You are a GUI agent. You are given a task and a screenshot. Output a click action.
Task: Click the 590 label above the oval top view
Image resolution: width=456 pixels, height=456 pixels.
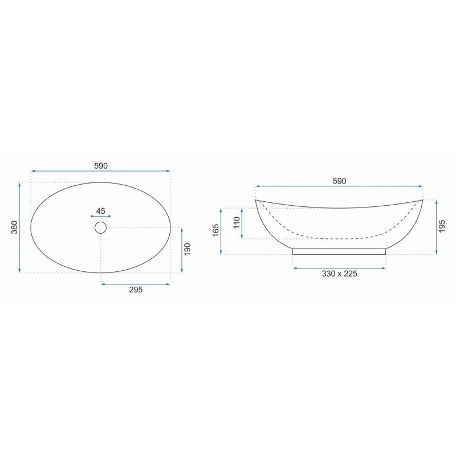(x=101, y=166)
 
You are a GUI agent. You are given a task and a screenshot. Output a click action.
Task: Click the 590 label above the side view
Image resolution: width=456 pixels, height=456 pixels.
(x=339, y=181)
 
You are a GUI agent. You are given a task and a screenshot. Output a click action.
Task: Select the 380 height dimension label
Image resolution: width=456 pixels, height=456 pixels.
(x=15, y=227)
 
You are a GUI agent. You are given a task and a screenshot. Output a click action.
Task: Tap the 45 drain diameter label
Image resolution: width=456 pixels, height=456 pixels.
(x=101, y=211)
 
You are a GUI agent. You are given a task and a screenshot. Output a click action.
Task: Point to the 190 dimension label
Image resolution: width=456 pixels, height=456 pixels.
(x=188, y=249)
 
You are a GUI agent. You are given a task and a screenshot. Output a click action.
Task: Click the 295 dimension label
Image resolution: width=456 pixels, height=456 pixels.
(x=136, y=290)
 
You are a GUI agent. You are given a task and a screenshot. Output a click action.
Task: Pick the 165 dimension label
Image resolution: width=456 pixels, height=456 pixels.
(x=216, y=231)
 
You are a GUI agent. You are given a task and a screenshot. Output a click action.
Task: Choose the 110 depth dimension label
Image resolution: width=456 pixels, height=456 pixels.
(x=237, y=223)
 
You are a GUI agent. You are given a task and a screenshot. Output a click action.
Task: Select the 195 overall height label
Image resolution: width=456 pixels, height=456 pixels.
(x=442, y=226)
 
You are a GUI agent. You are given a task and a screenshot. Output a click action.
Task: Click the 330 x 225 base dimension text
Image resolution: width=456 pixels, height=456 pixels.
(x=339, y=274)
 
